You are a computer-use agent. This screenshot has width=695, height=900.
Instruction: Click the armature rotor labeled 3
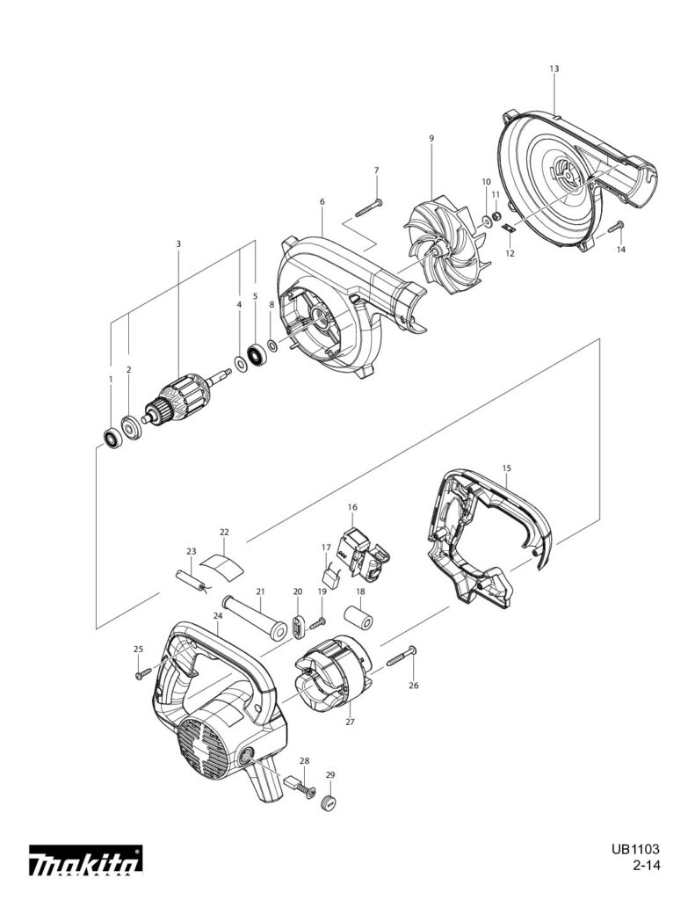(x=180, y=399)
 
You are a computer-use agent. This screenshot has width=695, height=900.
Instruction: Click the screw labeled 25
(x=142, y=674)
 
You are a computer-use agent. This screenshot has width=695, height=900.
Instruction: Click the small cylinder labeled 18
(x=359, y=619)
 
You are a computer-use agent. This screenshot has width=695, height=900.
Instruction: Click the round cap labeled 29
(x=329, y=802)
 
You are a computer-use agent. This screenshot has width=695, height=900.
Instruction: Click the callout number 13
(x=554, y=68)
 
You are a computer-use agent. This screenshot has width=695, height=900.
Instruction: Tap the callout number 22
(x=224, y=533)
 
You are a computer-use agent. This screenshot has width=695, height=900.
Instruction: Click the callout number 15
(x=505, y=468)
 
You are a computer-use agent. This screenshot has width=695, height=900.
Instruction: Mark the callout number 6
(x=322, y=202)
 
